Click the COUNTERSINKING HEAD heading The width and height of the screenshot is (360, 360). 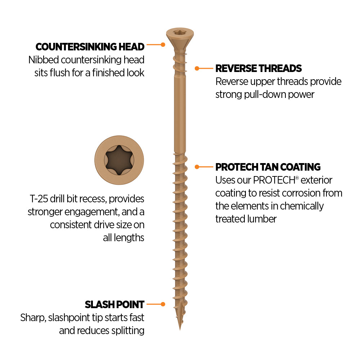tap(90, 47)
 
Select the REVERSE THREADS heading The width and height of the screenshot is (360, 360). tap(258, 68)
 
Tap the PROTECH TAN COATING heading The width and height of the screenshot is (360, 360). tap(268, 167)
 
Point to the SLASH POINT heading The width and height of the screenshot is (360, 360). tap(114, 305)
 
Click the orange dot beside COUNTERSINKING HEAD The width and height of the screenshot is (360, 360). tap(163, 45)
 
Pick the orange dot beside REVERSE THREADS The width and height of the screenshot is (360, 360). tap(197, 68)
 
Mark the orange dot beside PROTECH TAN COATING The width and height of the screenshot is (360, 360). tap(197, 167)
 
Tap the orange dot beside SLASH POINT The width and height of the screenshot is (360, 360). tap(163, 304)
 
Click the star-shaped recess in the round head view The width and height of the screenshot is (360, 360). tap(119, 160)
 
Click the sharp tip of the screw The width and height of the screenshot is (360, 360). tap(180, 330)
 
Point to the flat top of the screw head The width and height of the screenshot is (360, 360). tap(180, 32)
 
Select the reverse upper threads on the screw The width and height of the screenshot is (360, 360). tap(180, 63)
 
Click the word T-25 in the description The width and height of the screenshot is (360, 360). tap(39, 199)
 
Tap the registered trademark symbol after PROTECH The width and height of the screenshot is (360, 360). tap(297, 178)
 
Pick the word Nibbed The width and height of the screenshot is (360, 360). tap(44, 60)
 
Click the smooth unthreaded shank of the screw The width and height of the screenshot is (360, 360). tap(180, 112)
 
